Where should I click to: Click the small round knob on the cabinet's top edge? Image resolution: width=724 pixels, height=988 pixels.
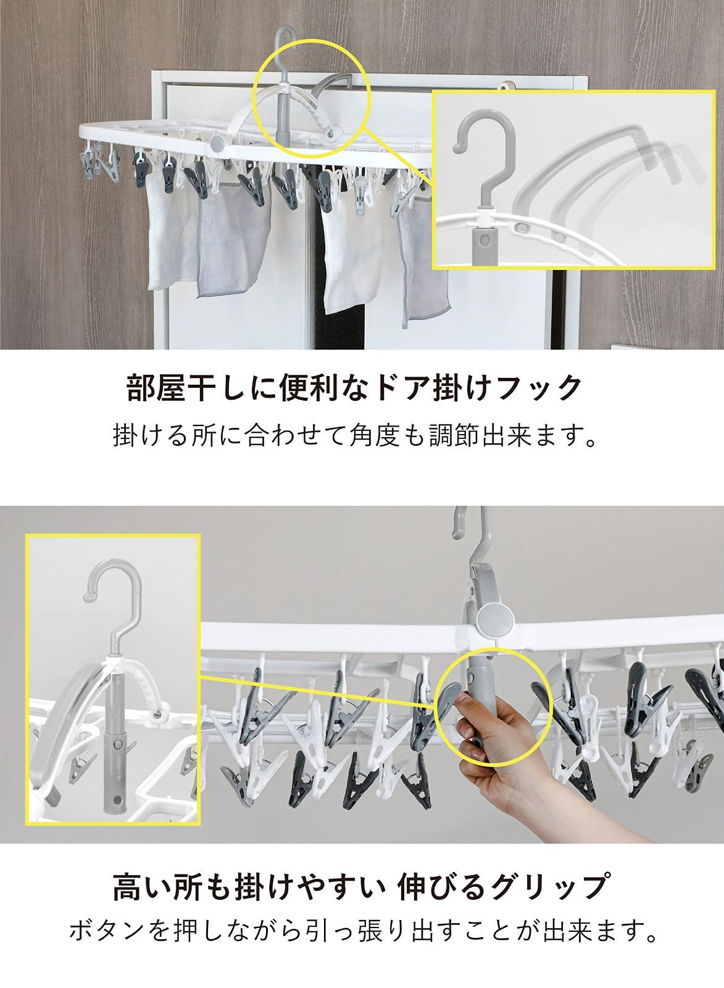pyautogui.click(x=506, y=84)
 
